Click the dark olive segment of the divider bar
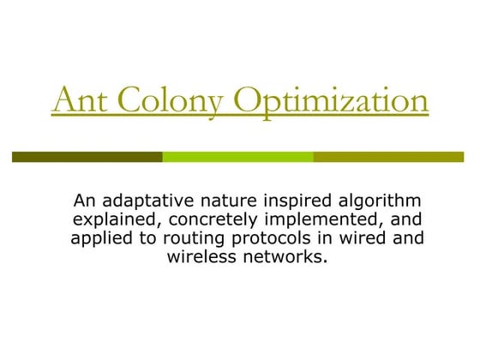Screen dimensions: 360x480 coord(87,157)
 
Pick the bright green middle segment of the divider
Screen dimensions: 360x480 coord(237,157)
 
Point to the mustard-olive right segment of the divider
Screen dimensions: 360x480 coord(390,157)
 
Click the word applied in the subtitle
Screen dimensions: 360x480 coord(100,238)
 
